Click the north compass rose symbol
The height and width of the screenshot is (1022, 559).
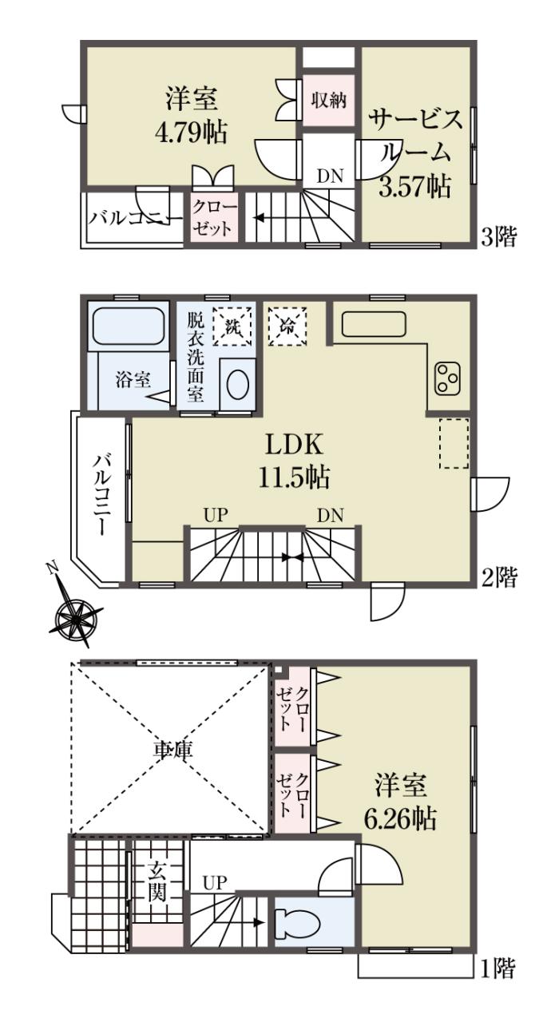[76, 618]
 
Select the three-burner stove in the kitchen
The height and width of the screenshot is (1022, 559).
[447, 378]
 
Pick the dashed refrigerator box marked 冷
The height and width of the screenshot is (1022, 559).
[287, 326]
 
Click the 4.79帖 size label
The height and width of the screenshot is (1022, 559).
[191, 133]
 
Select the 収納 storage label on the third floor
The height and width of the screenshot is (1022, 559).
[328, 100]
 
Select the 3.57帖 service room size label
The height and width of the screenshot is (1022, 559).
[414, 187]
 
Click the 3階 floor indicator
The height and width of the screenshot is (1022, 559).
[500, 237]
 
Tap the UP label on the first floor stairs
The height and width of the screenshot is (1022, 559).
[215, 883]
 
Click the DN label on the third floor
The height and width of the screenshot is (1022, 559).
[330, 176]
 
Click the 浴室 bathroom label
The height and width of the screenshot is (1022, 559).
[133, 379]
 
